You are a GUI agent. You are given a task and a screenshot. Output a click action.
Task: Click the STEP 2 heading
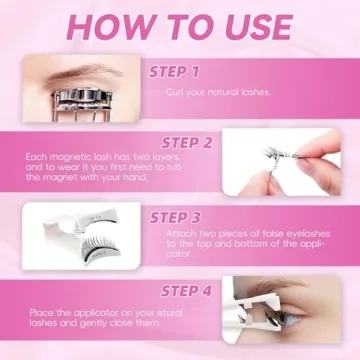[x=183, y=143]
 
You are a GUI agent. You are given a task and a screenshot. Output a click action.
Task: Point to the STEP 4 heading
[x=183, y=292]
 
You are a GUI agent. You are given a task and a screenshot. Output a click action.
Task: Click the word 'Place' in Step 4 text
[x=38, y=314]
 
